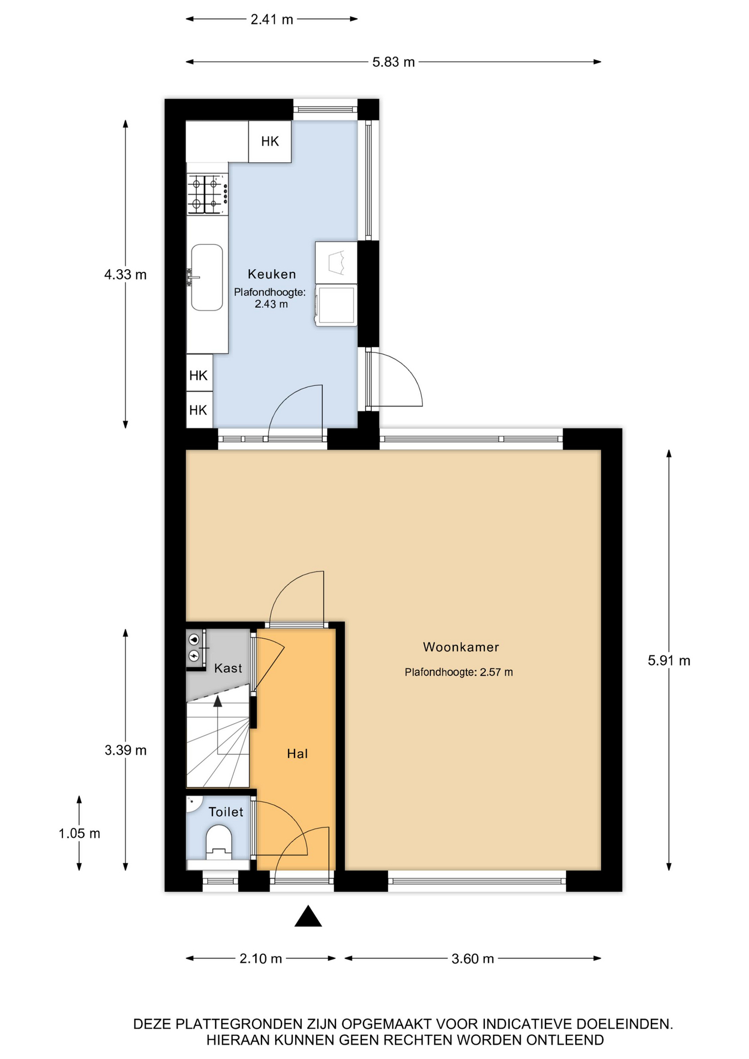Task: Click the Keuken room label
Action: tap(271, 274)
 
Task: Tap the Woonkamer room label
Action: tap(461, 647)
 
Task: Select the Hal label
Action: tap(297, 753)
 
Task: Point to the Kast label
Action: tap(228, 668)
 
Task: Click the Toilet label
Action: tap(226, 812)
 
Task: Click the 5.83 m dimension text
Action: tap(393, 62)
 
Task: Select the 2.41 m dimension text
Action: tap(272, 19)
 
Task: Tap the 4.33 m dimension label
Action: tap(126, 274)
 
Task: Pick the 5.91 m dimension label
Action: tap(669, 660)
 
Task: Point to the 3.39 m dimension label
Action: tap(126, 750)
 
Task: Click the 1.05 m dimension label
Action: tap(79, 833)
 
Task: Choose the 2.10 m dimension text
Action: tap(261, 959)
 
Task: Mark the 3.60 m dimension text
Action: tap(473, 959)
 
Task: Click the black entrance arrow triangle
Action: tap(308, 917)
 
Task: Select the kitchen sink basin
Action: tap(207, 277)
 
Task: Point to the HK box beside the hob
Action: tap(270, 141)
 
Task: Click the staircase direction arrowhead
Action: tap(218, 701)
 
